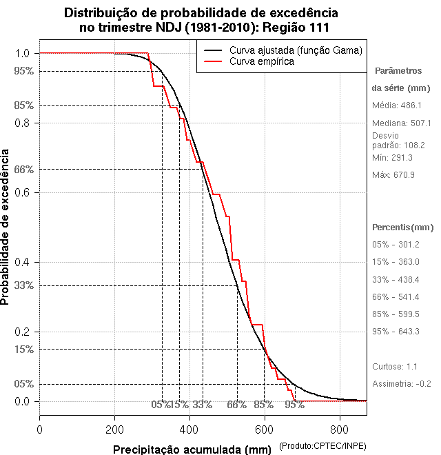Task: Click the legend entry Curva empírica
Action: (x=262, y=61)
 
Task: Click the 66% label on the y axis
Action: (x=25, y=169)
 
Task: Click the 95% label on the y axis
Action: (x=25, y=70)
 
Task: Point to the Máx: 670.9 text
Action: (x=393, y=174)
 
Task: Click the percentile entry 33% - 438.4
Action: (x=396, y=279)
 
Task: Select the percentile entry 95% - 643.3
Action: (x=396, y=331)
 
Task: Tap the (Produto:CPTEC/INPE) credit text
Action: (x=322, y=447)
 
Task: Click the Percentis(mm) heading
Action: (x=403, y=227)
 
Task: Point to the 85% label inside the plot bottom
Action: (x=264, y=405)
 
